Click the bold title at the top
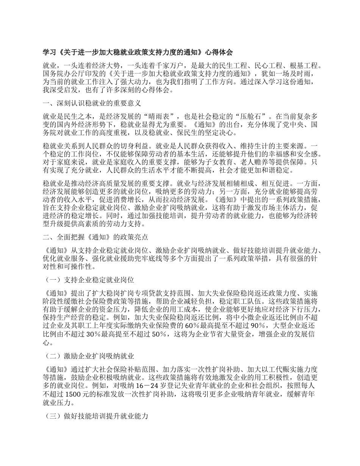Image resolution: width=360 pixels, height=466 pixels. tap(138, 52)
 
